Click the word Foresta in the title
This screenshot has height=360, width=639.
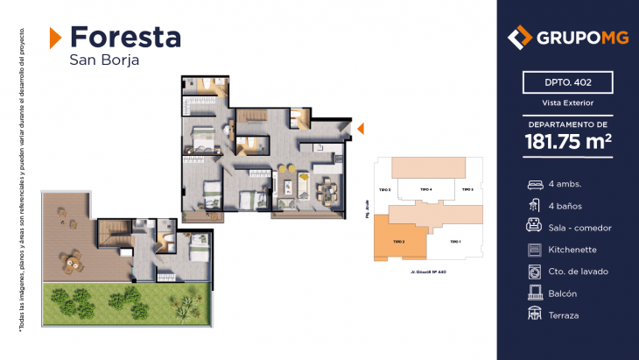[125, 37]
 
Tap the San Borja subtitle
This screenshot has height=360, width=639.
[104, 60]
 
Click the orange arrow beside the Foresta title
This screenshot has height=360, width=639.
[55, 37]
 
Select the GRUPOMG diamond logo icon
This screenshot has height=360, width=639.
[520, 38]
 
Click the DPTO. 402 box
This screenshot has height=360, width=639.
[567, 83]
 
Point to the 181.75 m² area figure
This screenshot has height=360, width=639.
[567, 141]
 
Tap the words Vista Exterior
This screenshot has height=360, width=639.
[567, 103]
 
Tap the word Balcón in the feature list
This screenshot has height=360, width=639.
[564, 293]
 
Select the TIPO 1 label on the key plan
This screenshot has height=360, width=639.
[454, 241]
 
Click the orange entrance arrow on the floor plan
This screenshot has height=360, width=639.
[358, 130]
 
